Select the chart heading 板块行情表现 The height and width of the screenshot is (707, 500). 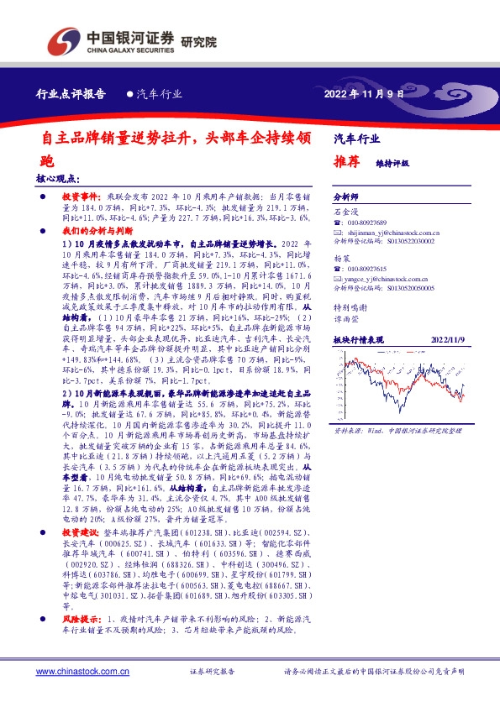tap(358, 339)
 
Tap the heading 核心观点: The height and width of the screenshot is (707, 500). tap(58, 178)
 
